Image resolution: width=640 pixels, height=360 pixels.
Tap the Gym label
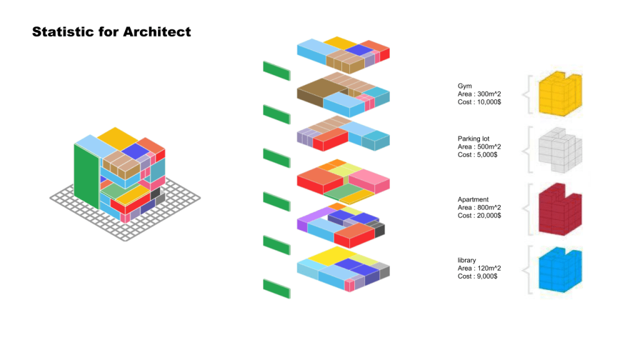click(x=464, y=86)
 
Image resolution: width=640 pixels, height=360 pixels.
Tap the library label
click(x=467, y=260)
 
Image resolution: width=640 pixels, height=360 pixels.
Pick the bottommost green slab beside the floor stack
click(x=277, y=289)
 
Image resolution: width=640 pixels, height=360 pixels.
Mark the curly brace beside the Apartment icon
click(x=529, y=209)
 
